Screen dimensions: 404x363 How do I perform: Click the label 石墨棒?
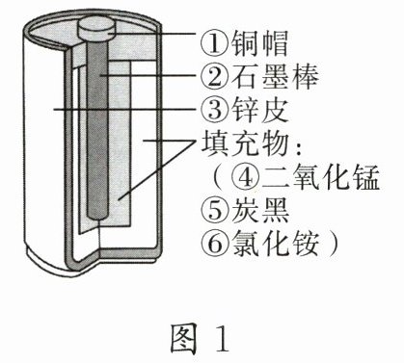[275, 77]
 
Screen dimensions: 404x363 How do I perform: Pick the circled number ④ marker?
[246, 177]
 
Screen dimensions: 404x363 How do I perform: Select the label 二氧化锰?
[320, 177]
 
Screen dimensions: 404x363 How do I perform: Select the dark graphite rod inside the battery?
[96, 128]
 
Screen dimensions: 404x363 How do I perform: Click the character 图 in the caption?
[183, 338]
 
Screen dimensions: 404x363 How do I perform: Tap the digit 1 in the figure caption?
[221, 339]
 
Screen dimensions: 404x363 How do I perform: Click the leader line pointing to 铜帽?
[150, 33]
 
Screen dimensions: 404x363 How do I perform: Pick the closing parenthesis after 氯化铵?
[334, 243]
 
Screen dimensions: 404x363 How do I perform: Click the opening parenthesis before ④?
[219, 177]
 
